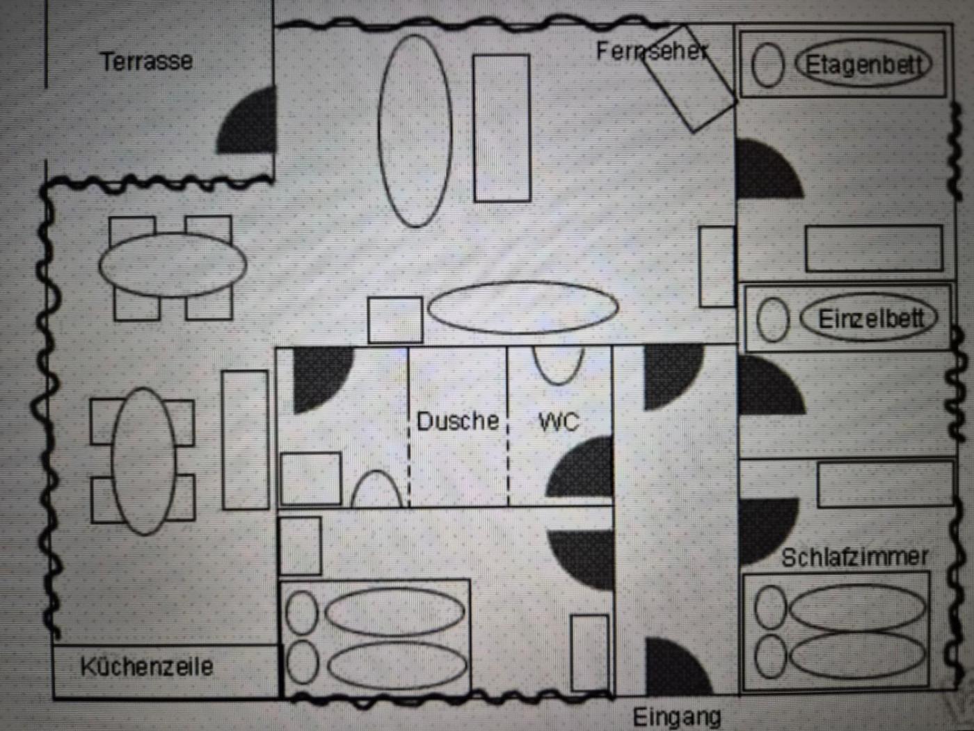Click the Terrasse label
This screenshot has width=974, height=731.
point(146,61)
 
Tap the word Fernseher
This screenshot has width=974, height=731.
point(651,52)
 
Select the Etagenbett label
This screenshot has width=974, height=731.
point(862,65)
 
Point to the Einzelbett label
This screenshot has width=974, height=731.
point(870,319)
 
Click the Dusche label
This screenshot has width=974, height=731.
point(458,420)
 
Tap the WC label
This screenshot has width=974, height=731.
point(559,422)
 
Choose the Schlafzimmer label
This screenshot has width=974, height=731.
point(854,558)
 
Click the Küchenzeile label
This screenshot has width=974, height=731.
point(146,667)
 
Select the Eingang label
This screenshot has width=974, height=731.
point(677,717)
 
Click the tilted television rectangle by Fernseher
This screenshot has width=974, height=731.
point(689,79)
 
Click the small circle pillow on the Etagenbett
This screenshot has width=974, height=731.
point(767,65)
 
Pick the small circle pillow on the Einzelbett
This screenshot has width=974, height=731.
point(773,320)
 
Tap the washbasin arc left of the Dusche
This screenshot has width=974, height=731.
point(376,489)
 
